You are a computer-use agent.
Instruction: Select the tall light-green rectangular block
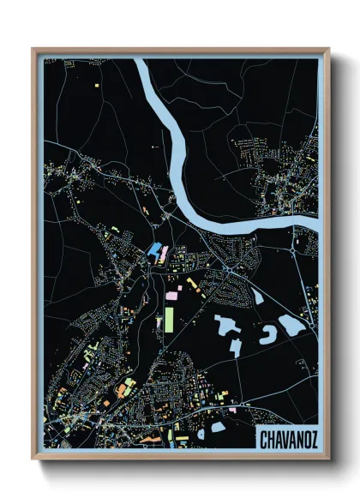[x=169, y=319]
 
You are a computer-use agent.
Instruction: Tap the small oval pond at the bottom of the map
[x=218, y=426]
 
